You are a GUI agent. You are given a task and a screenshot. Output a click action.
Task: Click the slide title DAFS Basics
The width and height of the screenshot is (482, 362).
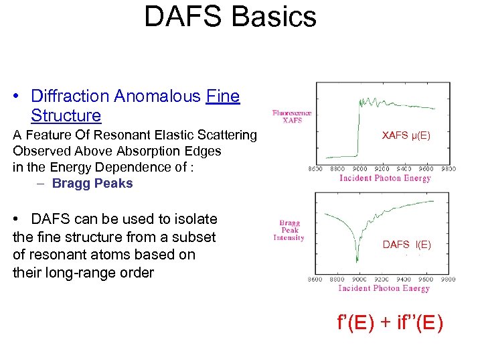coord(230,17)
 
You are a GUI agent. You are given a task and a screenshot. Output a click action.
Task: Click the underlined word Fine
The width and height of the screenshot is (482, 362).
coord(223,97)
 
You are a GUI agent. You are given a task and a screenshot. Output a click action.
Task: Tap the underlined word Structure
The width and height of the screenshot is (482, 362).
coord(66,115)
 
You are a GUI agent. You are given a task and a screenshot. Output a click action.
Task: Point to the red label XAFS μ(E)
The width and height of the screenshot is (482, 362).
coord(406,135)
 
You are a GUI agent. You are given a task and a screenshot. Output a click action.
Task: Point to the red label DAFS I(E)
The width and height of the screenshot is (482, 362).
coord(406,245)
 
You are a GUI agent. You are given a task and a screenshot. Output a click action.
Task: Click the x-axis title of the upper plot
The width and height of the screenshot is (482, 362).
coord(385,178)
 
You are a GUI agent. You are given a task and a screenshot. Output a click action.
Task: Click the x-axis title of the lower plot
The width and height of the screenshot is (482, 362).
coord(384,288)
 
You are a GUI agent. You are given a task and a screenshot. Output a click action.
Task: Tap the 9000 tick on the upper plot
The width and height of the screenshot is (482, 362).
coord(360,169)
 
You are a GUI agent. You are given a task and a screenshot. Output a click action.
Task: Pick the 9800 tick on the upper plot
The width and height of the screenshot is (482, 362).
coord(448,169)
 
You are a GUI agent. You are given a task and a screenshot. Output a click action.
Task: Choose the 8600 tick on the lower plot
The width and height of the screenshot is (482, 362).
coord(315,280)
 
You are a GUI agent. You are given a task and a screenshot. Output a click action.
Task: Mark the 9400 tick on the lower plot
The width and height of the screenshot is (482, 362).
coord(404,280)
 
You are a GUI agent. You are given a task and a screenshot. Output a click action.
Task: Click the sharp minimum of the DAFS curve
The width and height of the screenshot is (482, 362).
coord(357,263)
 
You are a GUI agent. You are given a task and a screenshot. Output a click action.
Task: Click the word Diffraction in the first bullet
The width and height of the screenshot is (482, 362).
coord(70,97)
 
